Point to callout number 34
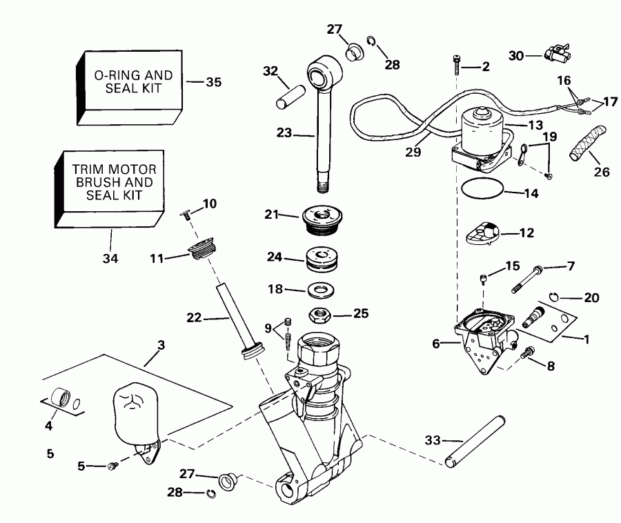(x=110, y=259)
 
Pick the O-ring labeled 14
(x=481, y=187)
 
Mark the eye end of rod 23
(x=323, y=73)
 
